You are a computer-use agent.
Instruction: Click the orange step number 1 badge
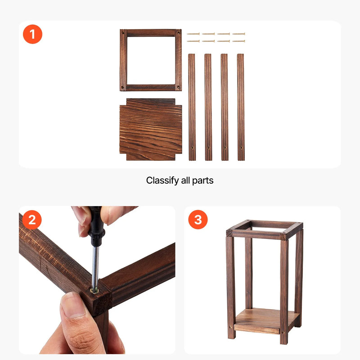click(32, 34)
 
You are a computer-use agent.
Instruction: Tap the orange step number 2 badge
click(32, 220)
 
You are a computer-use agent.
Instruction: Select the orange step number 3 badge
click(198, 220)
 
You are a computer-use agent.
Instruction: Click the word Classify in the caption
click(162, 181)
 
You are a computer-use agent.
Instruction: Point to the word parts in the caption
click(203, 181)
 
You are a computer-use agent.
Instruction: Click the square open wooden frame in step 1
click(123, 60)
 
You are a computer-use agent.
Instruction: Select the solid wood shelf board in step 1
click(151, 130)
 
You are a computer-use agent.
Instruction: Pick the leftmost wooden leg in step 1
click(192, 107)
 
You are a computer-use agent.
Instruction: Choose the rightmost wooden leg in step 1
click(241, 107)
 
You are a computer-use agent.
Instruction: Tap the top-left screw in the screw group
click(193, 34)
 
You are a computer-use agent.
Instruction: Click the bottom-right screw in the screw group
click(239, 41)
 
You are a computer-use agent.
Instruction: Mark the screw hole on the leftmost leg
click(193, 148)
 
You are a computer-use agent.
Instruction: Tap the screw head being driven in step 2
click(94, 291)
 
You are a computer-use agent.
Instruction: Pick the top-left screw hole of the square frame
click(123, 32)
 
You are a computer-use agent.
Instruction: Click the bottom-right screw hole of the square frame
click(178, 87)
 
